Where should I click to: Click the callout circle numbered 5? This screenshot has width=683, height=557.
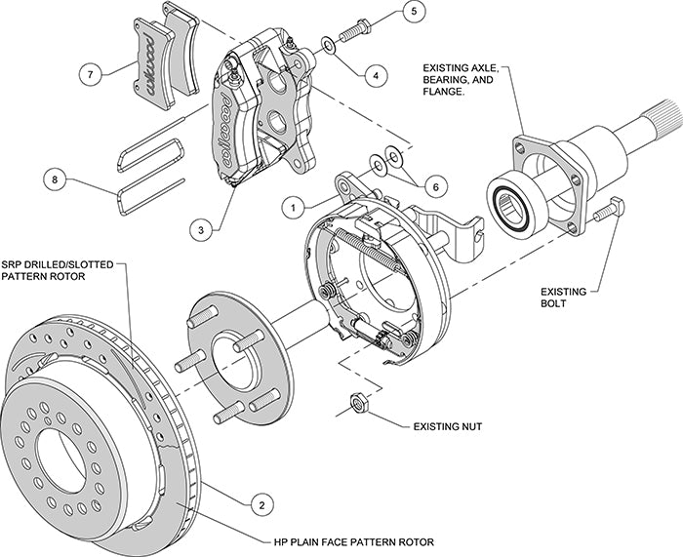click(414, 12)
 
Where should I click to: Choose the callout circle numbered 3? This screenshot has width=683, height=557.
click(202, 230)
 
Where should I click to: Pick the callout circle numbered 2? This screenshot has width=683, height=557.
click(260, 503)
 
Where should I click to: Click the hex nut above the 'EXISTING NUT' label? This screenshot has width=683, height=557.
click(356, 402)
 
